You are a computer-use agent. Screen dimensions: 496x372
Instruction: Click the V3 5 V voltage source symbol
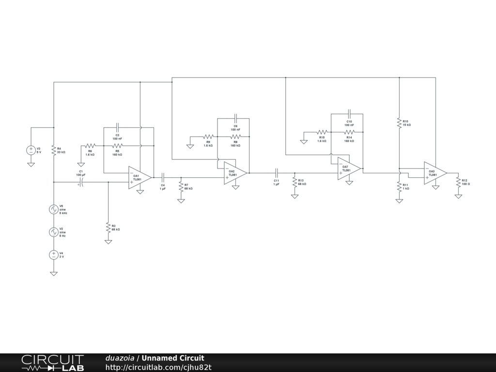31,150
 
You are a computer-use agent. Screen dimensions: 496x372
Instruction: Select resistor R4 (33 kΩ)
53,150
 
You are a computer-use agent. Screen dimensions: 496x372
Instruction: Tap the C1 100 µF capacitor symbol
81,182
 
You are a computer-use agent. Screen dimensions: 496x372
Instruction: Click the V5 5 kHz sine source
53,209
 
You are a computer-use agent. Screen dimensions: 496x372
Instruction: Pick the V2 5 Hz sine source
53,232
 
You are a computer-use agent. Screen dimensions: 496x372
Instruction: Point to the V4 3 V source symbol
53,255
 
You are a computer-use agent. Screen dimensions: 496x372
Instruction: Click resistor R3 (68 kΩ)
108,227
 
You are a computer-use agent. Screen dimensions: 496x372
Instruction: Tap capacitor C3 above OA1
117,128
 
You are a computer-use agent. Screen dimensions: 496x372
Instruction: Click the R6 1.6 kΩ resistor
90,145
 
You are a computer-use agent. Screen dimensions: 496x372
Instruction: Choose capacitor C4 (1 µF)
163,177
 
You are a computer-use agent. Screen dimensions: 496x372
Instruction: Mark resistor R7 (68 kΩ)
181,186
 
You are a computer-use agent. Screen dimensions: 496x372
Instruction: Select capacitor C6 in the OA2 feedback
235,119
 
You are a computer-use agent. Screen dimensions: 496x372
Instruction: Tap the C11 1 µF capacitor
276,172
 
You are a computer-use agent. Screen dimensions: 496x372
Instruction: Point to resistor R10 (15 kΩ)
399,123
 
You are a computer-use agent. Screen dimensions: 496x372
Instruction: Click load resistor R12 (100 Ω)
458,182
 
